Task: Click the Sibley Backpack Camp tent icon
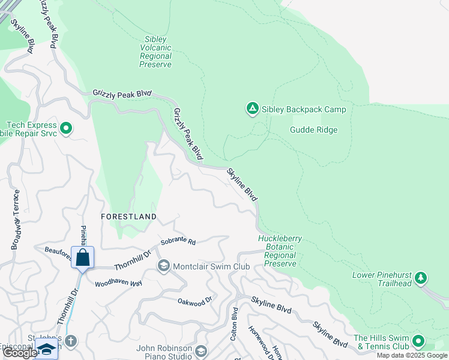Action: tap(252, 109)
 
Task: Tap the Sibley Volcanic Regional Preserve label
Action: tap(155, 52)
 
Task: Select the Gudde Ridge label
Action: tap(313, 130)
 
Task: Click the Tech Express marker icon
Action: tap(66, 128)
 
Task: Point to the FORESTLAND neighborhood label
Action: tap(128, 216)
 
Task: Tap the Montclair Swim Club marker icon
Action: tap(163, 266)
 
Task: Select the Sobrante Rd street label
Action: tap(178, 242)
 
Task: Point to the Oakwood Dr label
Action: tap(196, 300)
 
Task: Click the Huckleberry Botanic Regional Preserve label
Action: tap(280, 251)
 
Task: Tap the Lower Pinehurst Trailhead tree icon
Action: tap(421, 277)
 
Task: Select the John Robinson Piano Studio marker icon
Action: tap(201, 350)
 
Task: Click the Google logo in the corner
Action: tap(20, 353)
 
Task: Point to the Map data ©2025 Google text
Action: tap(412, 355)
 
